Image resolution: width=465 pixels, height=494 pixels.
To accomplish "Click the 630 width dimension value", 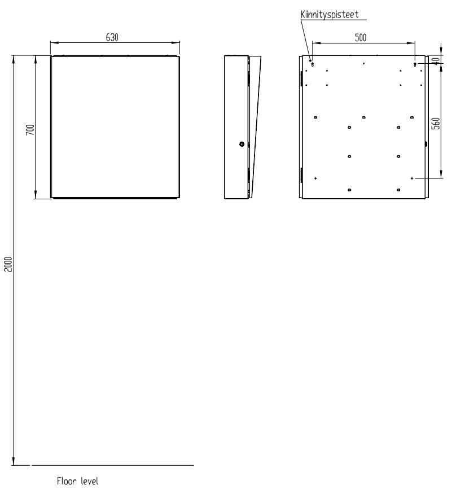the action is pos(112,37).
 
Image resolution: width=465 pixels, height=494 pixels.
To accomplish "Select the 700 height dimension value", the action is pos(30,130).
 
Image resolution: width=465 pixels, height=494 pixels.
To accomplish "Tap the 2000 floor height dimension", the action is pos(8,264).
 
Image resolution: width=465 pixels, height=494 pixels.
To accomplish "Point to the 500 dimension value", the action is pos(361,37).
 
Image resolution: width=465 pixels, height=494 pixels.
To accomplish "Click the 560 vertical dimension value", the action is pos(436,123).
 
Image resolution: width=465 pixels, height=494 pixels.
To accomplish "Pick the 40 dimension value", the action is pos(436,60).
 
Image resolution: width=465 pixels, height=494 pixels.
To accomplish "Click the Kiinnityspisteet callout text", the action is pos(330,15).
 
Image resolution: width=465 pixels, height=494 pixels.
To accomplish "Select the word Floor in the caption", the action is pos(67,481).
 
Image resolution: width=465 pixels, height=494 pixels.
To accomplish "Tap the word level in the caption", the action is pos(90,481).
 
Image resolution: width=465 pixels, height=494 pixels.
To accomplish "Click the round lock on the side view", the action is pos(242,145).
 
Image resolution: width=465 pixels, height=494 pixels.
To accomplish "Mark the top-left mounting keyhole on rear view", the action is pos(313,64).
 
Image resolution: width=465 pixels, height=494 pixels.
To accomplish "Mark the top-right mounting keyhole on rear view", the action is pos(415,64).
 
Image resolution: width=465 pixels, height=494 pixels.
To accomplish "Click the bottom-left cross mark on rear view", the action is pos(315,178).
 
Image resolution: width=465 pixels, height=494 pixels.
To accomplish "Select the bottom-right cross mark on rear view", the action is pos(412,178).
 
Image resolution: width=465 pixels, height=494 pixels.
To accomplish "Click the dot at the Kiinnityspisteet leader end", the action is pos(310,60).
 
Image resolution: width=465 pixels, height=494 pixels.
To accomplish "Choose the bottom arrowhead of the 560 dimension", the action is pos(441,174).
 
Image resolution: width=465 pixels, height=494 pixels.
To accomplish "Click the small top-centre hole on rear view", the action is pos(363,63).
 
